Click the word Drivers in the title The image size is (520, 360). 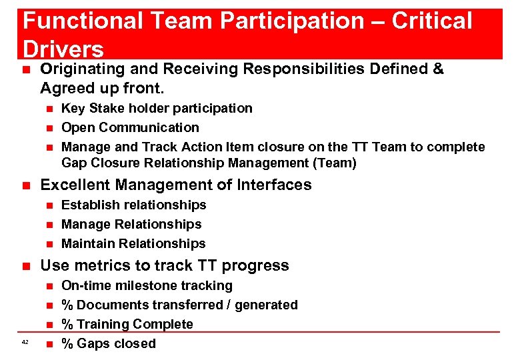click(63, 48)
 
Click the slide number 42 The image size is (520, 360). click(25, 342)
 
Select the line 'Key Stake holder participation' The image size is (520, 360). click(157, 108)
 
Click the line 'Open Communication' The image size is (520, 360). click(130, 127)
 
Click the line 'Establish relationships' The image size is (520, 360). click(133, 205)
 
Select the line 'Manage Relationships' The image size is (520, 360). click(131, 224)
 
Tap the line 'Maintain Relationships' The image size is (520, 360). click(133, 243)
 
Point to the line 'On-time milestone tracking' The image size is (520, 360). click(147, 285)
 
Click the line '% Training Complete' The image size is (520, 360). click(127, 324)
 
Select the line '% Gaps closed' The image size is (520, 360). click(108, 343)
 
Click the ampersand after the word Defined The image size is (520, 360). click(438, 69)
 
